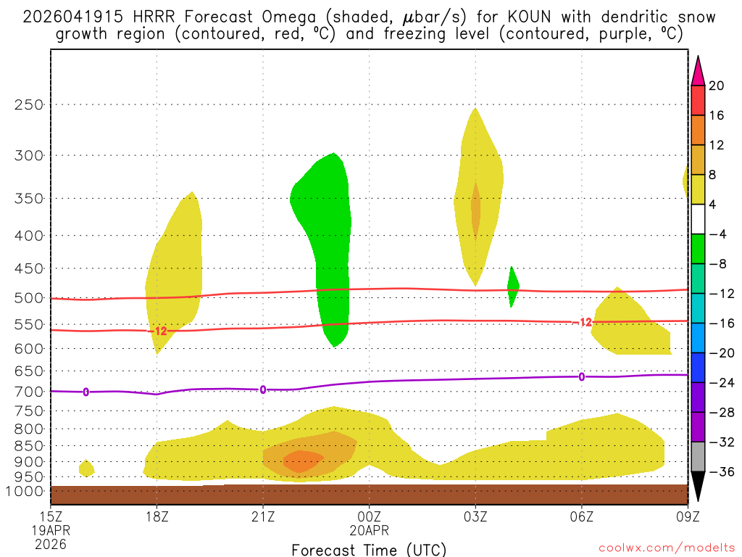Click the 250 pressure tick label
[30, 104]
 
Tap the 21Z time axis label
[263, 518]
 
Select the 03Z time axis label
[475, 518]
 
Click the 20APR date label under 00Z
[370, 531]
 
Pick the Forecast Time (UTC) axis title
[369, 549]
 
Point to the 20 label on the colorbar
[717, 86]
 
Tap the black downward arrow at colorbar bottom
[698, 487]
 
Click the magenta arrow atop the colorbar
[698, 70]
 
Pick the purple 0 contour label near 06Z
[581, 376]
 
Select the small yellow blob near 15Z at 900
[86, 468]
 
